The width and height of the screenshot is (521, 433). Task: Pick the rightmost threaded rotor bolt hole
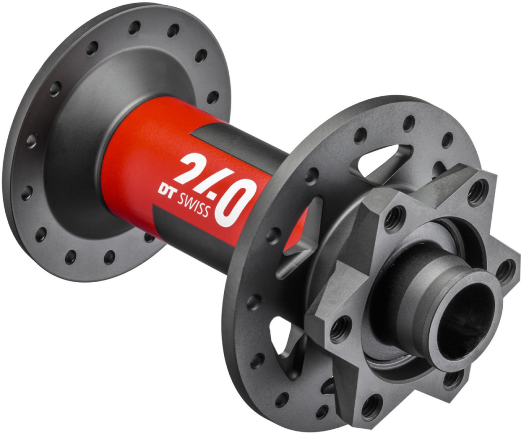[x=505, y=270]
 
